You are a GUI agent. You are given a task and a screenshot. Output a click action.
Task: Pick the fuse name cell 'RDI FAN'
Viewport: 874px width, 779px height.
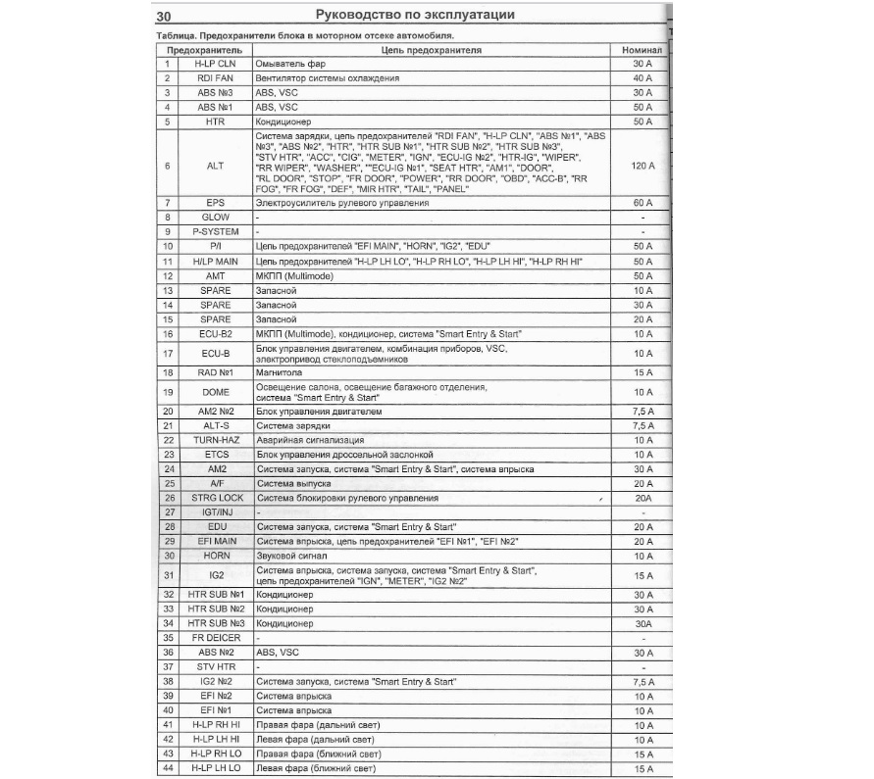pyautogui.click(x=215, y=77)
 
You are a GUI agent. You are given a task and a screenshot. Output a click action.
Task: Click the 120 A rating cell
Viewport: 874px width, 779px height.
pyautogui.click(x=643, y=166)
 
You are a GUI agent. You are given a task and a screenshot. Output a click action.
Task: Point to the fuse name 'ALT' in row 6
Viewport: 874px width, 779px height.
pyautogui.click(x=215, y=166)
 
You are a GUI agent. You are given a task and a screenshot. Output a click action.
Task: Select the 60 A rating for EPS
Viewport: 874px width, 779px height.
pyautogui.click(x=643, y=202)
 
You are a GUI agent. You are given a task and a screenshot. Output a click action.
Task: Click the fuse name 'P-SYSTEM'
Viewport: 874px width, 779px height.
pyautogui.click(x=215, y=231)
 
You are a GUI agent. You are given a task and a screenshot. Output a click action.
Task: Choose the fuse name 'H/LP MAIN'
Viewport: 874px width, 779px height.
pyautogui.click(x=215, y=262)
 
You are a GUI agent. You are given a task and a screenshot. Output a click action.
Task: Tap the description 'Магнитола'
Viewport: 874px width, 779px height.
pyautogui.click(x=276, y=372)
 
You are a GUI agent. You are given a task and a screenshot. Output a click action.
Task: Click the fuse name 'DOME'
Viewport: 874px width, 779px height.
pyautogui.click(x=215, y=392)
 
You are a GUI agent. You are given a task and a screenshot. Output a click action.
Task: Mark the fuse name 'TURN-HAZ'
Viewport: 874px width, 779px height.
pyautogui.click(x=215, y=440)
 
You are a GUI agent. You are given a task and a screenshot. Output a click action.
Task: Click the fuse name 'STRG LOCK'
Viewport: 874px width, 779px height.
pyautogui.click(x=215, y=498)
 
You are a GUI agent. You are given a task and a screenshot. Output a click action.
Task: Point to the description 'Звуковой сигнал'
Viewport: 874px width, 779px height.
pyautogui.click(x=290, y=556)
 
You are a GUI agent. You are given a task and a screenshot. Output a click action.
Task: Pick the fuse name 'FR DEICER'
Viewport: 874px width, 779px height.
pyautogui.click(x=215, y=637)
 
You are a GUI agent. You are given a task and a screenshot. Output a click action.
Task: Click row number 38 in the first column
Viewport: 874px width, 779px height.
pyautogui.click(x=169, y=680)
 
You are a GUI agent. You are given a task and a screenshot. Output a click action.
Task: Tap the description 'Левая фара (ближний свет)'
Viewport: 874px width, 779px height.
pyautogui.click(x=316, y=767)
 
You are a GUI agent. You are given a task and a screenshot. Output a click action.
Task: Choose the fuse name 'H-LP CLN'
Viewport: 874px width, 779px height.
pyautogui.click(x=215, y=63)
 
